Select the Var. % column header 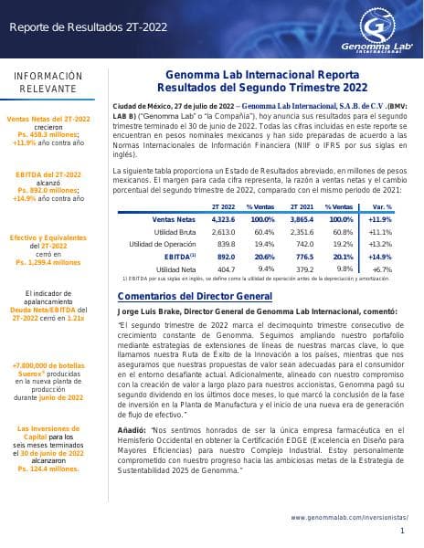click(383, 208)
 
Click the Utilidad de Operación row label click(163, 245)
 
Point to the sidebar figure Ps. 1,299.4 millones click(48, 261)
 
